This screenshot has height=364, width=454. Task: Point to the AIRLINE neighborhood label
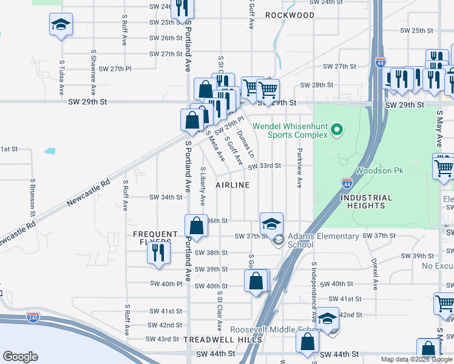click(232, 184)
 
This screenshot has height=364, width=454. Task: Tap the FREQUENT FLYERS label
click(156, 238)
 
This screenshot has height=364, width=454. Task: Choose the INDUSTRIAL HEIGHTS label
click(366, 201)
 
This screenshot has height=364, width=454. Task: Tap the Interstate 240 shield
click(33, 317)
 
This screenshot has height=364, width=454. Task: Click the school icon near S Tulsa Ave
click(61, 25)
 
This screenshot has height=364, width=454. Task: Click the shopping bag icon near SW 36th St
click(197, 227)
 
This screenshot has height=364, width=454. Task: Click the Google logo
click(20, 357)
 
